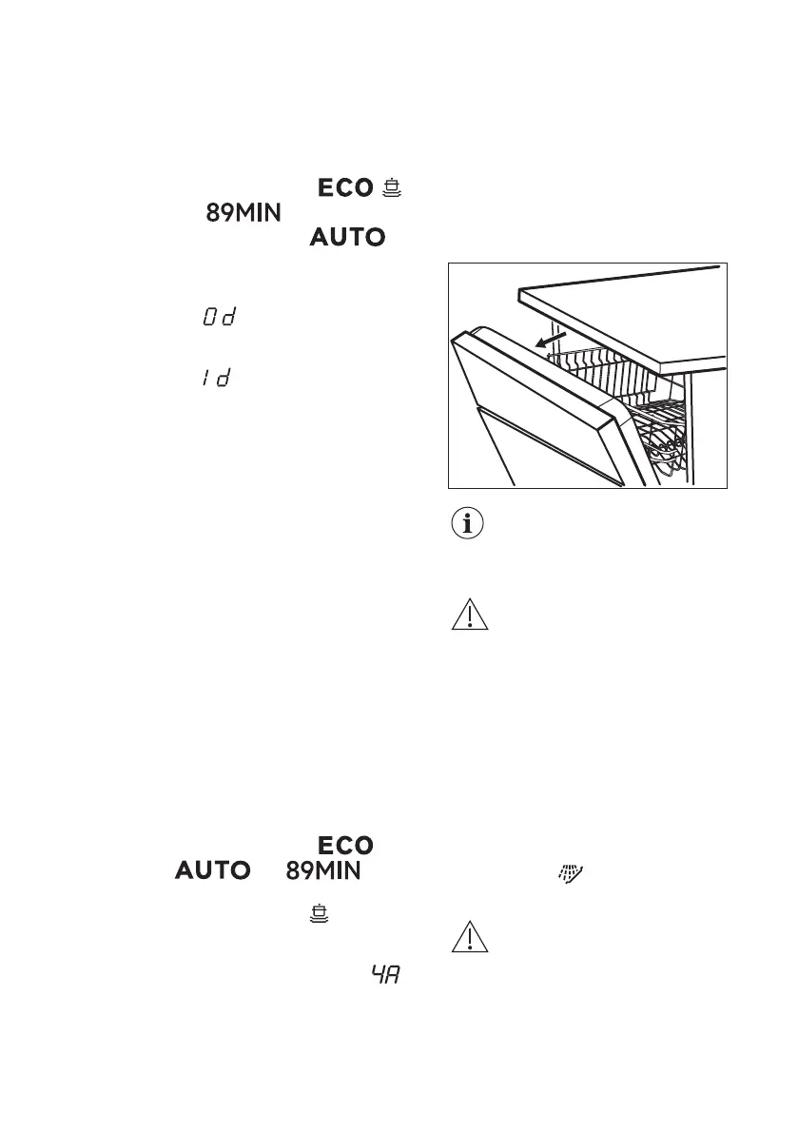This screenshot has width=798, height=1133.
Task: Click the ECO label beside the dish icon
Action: click(x=344, y=188)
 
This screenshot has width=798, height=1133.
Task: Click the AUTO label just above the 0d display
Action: click(x=346, y=237)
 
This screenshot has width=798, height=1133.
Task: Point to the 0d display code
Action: click(x=218, y=317)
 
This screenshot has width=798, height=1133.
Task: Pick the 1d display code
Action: click(x=218, y=378)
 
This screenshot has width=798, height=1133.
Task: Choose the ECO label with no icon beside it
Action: click(x=344, y=846)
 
